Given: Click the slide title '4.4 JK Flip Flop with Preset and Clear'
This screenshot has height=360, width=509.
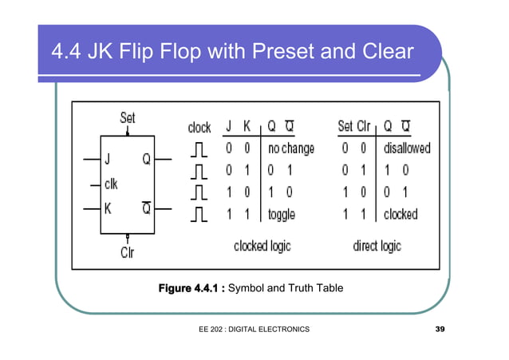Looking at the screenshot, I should (x=231, y=53).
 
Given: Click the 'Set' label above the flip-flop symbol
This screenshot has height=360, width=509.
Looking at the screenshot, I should (x=128, y=118).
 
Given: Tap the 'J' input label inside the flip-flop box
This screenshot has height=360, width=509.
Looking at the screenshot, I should (x=107, y=159).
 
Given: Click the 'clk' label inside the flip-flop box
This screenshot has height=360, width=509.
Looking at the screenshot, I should (x=111, y=184).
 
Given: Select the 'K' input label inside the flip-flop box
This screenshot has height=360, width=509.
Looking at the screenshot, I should (x=107, y=209).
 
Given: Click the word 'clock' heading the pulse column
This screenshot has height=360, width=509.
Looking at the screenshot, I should (x=199, y=128).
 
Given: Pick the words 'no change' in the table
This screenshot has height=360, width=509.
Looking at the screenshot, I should (x=290, y=148).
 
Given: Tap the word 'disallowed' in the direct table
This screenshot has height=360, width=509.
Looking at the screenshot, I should (x=407, y=148).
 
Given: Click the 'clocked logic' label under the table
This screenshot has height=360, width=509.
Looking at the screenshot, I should (x=262, y=247).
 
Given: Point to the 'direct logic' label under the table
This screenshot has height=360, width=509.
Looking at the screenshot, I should (x=377, y=247).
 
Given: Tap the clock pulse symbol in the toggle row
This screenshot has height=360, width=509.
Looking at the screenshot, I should (x=199, y=214).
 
